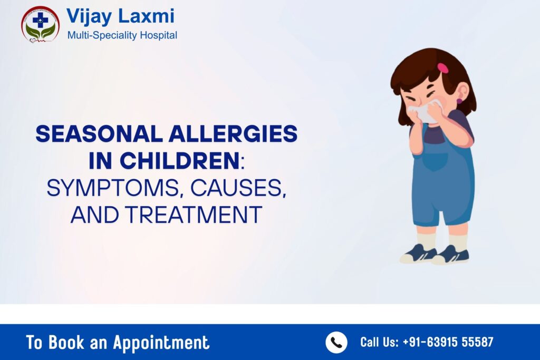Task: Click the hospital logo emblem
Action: pyautogui.click(x=40, y=24)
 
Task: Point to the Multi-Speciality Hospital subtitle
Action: pyautogui.click(x=122, y=35)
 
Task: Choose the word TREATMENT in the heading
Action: pyautogui.click(x=204, y=215)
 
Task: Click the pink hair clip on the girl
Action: pyautogui.click(x=442, y=68)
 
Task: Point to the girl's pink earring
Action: pyautogui.click(x=459, y=101)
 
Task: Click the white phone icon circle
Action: pyautogui.click(x=336, y=342)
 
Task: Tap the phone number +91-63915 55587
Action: pyautogui.click(x=448, y=342)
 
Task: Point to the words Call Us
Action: pyautogui.click(x=379, y=342)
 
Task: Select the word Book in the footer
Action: pyautogui.click(x=65, y=343)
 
